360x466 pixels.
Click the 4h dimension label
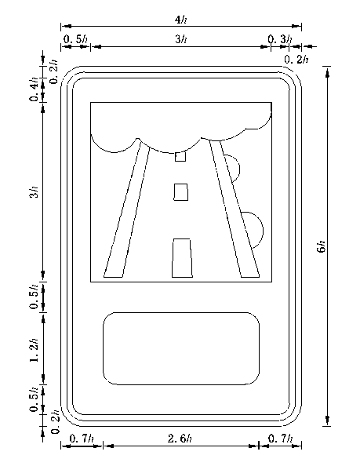[181, 20]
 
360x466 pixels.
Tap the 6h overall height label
[322, 246]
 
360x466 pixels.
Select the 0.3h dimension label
[280, 39]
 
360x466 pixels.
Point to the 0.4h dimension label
[35, 89]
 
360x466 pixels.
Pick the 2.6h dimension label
[180, 439]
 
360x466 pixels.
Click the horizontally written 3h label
[181, 39]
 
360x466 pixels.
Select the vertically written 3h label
[35, 191]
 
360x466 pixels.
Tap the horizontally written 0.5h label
[75, 39]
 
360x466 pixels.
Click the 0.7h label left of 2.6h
[82, 439]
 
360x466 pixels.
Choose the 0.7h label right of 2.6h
[281, 439]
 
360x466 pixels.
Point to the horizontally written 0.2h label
[296, 60]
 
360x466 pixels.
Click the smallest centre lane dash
[180, 156]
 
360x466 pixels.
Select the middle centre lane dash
[181, 192]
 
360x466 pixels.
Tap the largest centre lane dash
[182, 258]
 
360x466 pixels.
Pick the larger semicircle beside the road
[263, 231]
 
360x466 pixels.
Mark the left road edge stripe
[127, 208]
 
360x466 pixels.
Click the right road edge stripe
[235, 208]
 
